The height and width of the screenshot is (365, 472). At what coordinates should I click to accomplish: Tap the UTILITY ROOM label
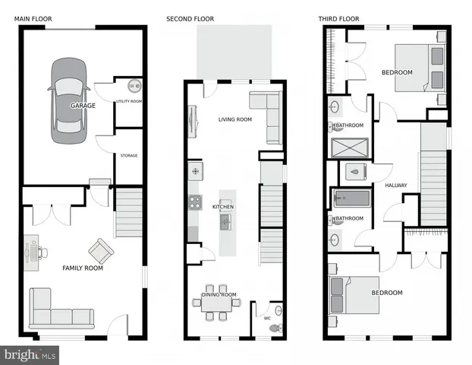click(x=129, y=101)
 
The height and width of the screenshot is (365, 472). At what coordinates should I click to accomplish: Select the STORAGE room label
click(x=129, y=155)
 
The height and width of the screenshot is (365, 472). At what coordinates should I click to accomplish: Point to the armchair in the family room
click(x=100, y=249)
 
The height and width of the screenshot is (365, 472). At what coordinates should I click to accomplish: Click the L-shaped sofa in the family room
click(x=59, y=310)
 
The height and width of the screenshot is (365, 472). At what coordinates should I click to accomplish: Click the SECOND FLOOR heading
click(x=190, y=18)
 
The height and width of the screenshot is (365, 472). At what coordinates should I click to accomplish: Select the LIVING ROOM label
click(x=234, y=119)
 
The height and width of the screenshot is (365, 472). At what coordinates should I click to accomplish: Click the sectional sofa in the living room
click(x=267, y=114)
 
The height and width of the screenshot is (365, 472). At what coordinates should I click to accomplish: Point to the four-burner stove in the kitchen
click(x=194, y=202)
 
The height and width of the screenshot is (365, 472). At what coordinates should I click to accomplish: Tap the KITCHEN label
click(x=222, y=207)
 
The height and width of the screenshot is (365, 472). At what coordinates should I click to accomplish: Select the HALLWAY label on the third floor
click(x=395, y=186)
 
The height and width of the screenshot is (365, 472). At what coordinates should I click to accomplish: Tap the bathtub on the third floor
click(x=351, y=201)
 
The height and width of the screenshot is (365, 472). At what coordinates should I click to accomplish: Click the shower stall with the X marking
click(x=350, y=147)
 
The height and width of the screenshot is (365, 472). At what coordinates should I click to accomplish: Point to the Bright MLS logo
click(x=30, y=354)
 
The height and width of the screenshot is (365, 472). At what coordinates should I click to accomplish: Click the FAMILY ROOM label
click(x=82, y=268)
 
